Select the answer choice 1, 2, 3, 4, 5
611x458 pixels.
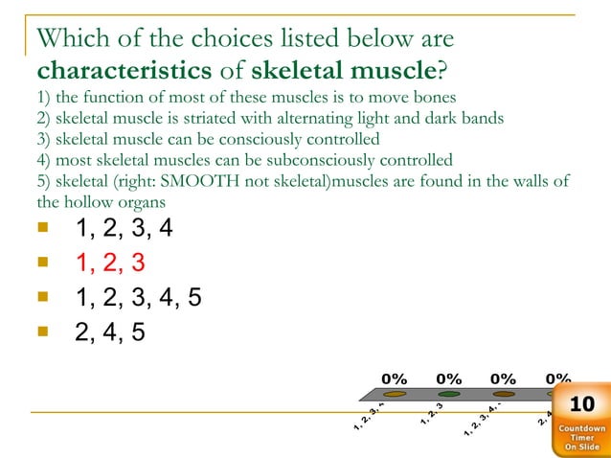(139, 297)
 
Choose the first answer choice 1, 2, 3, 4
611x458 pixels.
(124, 228)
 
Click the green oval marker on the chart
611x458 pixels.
(449, 394)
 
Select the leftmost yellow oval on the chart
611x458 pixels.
(394, 394)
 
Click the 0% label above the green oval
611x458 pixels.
(449, 378)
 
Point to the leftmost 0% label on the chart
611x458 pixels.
(395, 378)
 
